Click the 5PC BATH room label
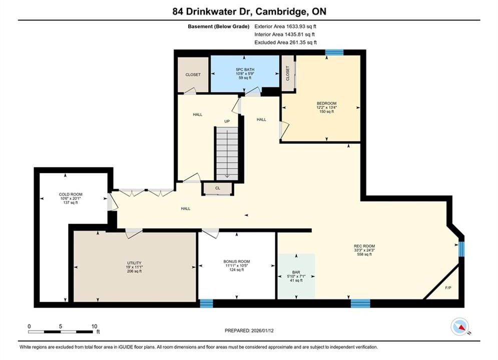pos(245,69)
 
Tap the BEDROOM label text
pos(326,103)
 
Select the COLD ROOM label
pos(71,194)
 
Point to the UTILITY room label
pos(134,263)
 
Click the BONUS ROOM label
pos(237,261)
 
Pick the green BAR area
pos(296,276)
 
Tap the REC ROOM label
pos(364,246)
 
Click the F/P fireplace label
pos(448,288)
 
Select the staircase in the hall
pos(227,153)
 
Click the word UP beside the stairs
pos(227,121)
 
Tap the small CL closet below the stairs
pos(218,188)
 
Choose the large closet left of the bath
pos(193,74)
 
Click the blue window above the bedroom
pos(334,52)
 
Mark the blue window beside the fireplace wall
pos(461,249)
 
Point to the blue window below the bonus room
pos(206,303)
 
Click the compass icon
pos(460,326)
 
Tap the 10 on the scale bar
pos(94,326)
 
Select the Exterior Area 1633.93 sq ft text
pos(285,26)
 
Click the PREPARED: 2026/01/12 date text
pos(249,330)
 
